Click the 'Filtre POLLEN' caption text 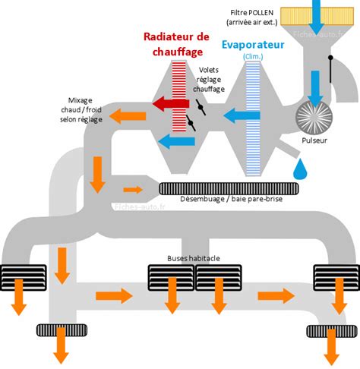pos(252,16)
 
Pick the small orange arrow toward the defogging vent pos(132,189)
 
